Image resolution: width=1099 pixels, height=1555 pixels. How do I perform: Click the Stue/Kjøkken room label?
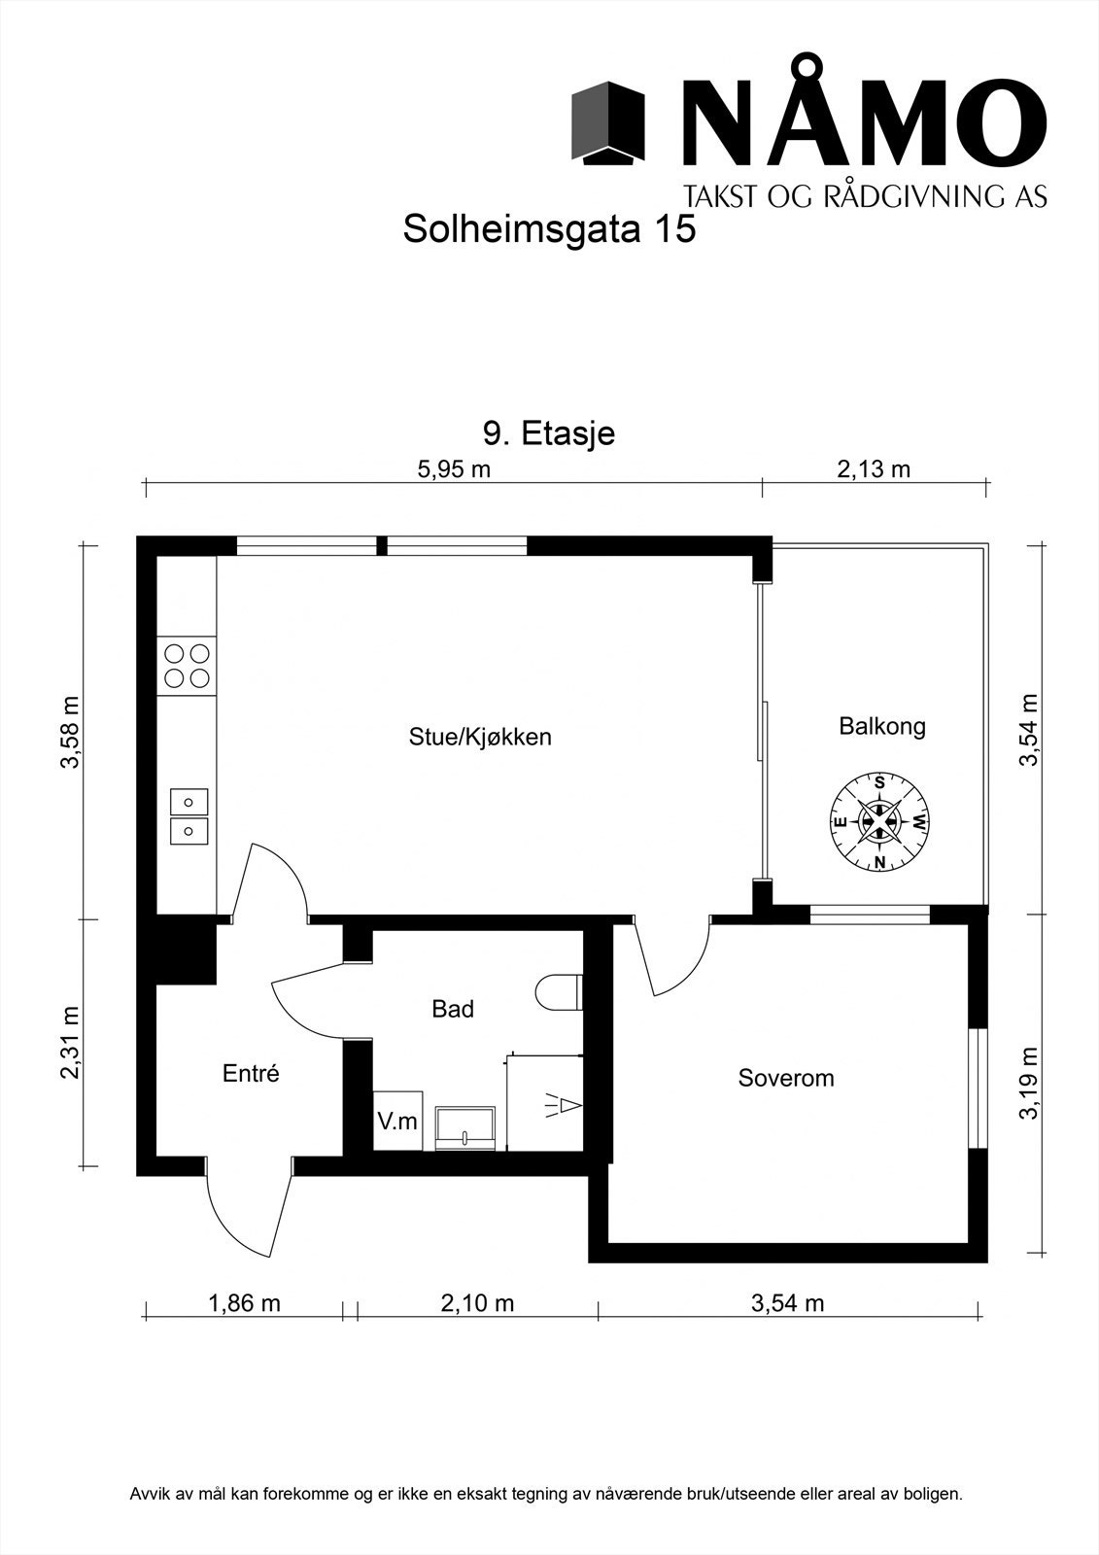pyautogui.click(x=480, y=737)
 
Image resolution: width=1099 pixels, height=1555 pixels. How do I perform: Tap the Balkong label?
pyautogui.click(x=882, y=726)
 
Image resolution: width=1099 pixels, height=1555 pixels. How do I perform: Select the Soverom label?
pyautogui.click(x=786, y=1078)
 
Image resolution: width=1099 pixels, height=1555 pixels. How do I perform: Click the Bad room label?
pyautogui.click(x=453, y=1010)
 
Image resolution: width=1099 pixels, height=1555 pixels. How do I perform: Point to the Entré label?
pyautogui.click(x=251, y=1074)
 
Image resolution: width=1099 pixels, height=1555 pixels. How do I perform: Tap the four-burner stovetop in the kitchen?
pyautogui.click(x=187, y=666)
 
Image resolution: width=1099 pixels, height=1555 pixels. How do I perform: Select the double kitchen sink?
pyautogui.click(x=189, y=815)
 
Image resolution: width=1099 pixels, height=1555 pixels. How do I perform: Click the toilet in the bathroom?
pyautogui.click(x=558, y=992)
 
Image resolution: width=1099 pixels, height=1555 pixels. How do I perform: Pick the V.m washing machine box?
pyautogui.click(x=397, y=1122)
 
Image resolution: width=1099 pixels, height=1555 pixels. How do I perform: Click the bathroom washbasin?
pyautogui.click(x=467, y=1127)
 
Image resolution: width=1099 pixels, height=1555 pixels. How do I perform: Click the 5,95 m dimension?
pyautogui.click(x=454, y=470)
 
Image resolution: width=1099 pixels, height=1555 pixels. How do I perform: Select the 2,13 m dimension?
pyautogui.click(x=874, y=470)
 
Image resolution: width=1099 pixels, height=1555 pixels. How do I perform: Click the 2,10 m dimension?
pyautogui.click(x=477, y=1303)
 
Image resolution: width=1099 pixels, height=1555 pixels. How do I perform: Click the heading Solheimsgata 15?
pyautogui.click(x=549, y=230)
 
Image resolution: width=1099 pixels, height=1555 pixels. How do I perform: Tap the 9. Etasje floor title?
pyautogui.click(x=549, y=433)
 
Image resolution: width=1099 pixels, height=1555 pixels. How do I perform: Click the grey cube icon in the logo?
pyautogui.click(x=608, y=122)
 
